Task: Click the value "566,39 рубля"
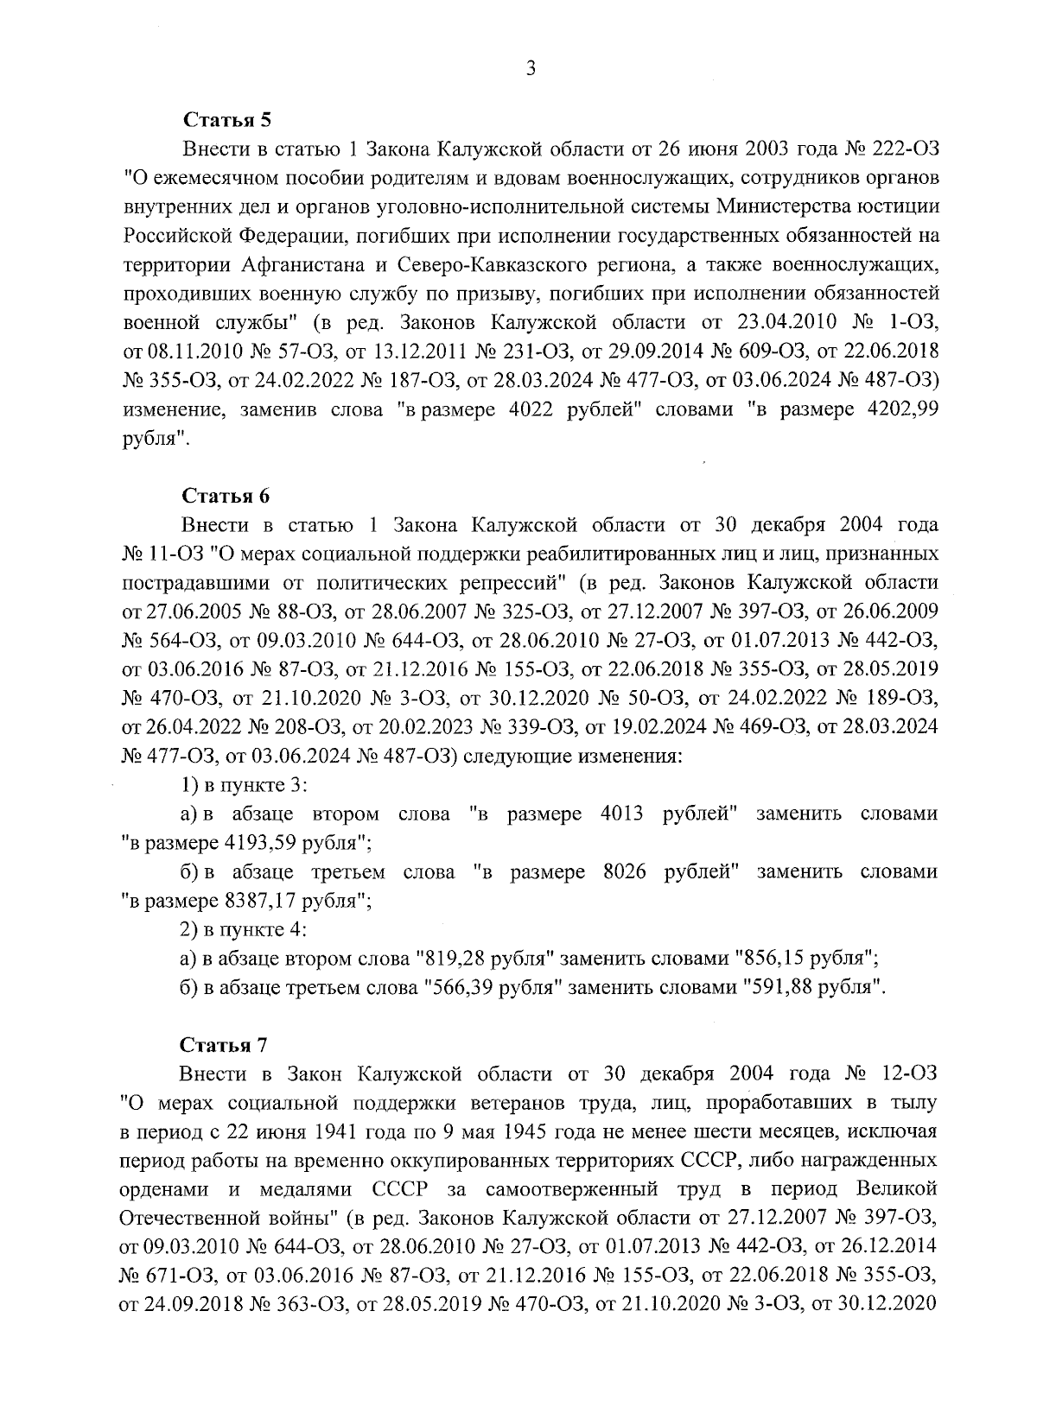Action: tap(487, 987)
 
